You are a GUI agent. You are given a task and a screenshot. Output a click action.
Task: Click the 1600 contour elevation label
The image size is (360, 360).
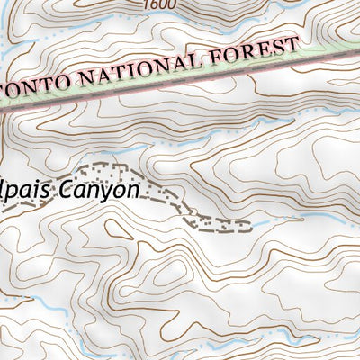[157, 4]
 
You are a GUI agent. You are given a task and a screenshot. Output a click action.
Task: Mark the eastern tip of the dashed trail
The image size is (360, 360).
[249, 225]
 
